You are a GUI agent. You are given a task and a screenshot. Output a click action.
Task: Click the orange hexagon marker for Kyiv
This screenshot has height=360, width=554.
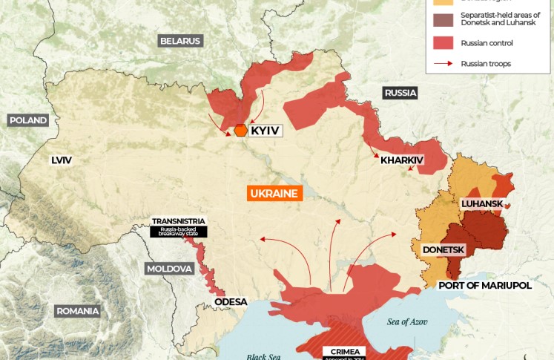[240, 131]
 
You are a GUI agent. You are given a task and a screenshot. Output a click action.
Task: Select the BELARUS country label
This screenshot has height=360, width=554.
[180, 41]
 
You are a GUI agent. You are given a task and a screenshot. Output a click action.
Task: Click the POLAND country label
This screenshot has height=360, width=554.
[28, 120]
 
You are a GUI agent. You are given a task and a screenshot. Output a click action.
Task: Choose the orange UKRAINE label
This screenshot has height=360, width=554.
[274, 194]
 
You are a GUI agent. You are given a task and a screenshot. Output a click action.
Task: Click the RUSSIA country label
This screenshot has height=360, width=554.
[400, 93]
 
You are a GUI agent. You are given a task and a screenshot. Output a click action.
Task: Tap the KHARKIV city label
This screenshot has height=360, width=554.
[401, 160]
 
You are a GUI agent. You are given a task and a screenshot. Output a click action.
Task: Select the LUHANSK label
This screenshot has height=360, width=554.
[482, 203]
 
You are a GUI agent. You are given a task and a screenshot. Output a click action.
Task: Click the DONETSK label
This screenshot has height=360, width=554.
[443, 250]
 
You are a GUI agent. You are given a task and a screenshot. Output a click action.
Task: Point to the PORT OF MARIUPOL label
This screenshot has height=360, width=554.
[485, 285]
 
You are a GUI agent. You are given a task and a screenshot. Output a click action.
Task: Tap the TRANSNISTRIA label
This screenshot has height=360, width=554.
[178, 221]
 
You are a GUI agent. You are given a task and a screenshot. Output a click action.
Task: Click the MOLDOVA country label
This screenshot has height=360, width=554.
[169, 268]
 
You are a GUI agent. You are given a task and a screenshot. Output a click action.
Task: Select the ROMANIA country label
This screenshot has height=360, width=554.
[77, 311]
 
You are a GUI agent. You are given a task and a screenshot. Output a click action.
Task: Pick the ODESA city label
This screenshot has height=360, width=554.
[230, 302]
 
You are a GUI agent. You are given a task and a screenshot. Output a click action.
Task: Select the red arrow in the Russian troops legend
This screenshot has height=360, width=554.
[443, 64]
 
